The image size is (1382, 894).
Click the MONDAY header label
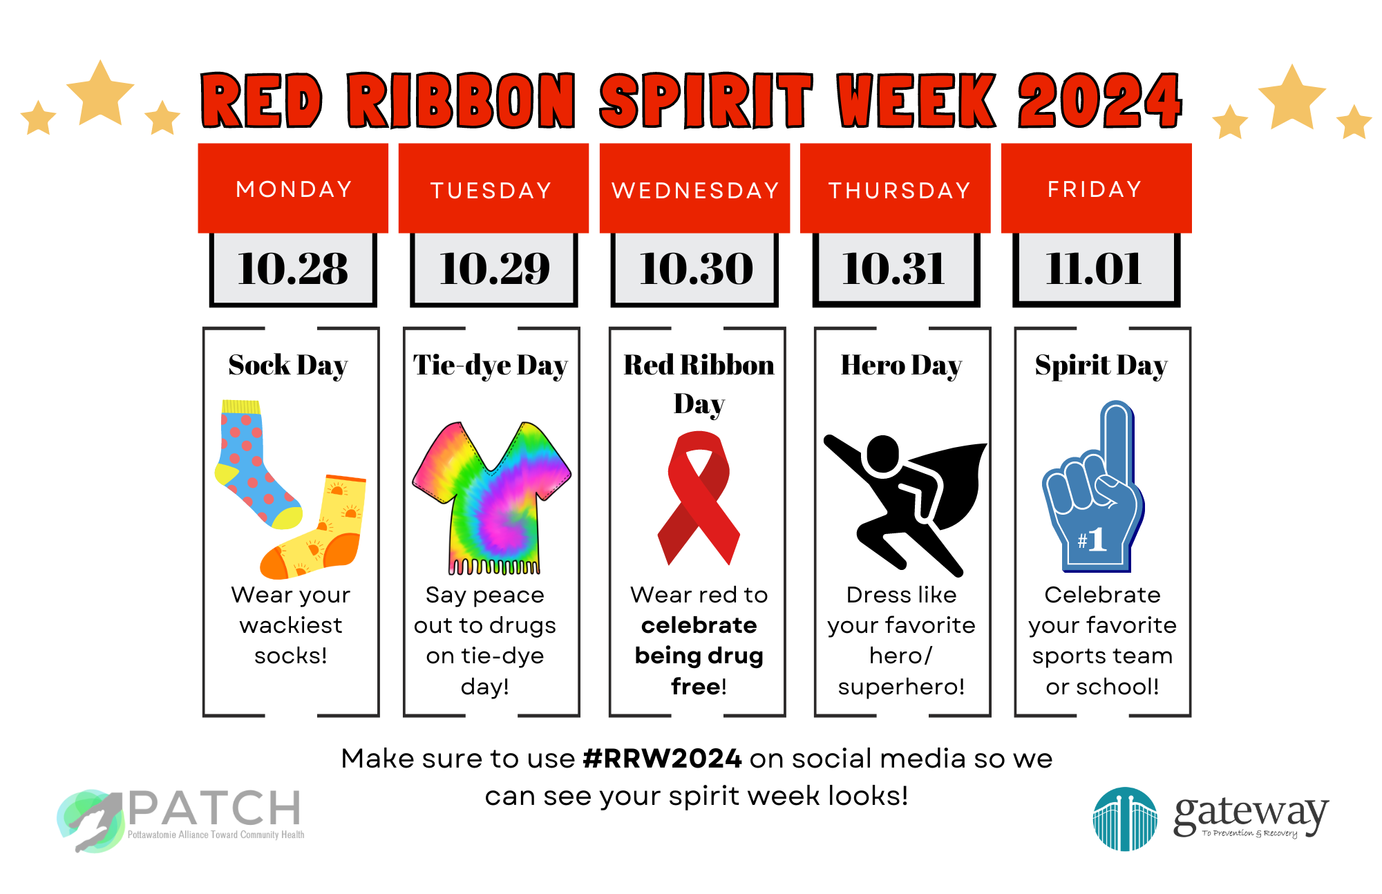point(294,189)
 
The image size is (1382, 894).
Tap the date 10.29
point(494,268)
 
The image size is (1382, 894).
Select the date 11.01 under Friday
point(1094,268)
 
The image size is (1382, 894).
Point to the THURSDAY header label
point(900,190)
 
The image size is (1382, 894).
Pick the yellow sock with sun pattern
point(325,532)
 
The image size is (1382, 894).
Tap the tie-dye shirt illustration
point(492,497)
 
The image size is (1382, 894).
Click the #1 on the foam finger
point(1092,540)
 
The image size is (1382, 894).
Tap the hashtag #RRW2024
point(662,759)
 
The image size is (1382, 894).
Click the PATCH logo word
point(214,808)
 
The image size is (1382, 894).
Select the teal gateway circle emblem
point(1124,819)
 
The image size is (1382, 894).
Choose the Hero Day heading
point(901,365)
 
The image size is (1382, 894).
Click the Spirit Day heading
point(1101,365)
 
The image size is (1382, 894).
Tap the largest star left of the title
point(101,93)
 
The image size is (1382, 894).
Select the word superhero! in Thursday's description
point(901,686)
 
